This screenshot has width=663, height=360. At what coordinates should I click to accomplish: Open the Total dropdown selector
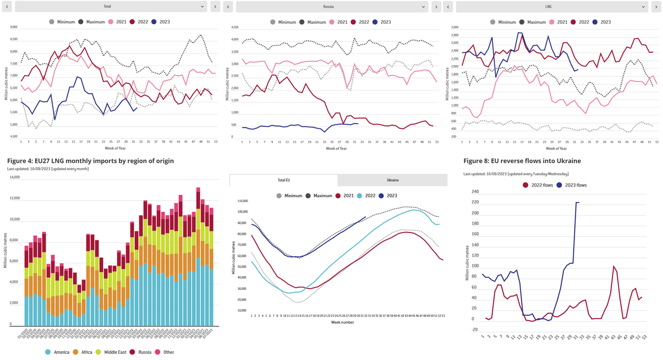[x=110, y=7]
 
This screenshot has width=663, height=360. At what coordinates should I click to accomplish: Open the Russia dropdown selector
[x=331, y=7]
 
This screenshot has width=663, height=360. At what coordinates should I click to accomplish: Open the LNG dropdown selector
[x=551, y=7]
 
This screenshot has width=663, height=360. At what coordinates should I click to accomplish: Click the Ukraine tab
[x=392, y=180]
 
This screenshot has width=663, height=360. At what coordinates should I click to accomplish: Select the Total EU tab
[x=283, y=180]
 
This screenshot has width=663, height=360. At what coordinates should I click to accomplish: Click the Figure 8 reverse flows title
[x=522, y=161]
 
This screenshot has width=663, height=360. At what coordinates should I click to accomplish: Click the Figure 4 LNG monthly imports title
[x=91, y=161]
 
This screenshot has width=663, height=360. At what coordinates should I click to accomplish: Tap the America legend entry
[x=59, y=352]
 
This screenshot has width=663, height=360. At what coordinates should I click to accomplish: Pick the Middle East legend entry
[x=110, y=352]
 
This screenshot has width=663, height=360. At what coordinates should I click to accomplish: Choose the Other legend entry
[x=165, y=352]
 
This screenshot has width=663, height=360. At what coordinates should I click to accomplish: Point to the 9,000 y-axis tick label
[x=14, y=27]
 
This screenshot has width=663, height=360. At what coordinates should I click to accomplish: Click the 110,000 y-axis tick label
[x=240, y=201]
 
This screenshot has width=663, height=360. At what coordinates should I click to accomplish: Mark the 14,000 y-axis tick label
[x=14, y=177]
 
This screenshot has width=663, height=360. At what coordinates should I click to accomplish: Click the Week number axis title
[x=343, y=322]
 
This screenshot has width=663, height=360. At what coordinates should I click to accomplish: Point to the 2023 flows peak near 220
[x=577, y=203]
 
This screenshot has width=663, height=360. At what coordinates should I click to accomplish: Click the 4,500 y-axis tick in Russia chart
[x=235, y=27]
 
